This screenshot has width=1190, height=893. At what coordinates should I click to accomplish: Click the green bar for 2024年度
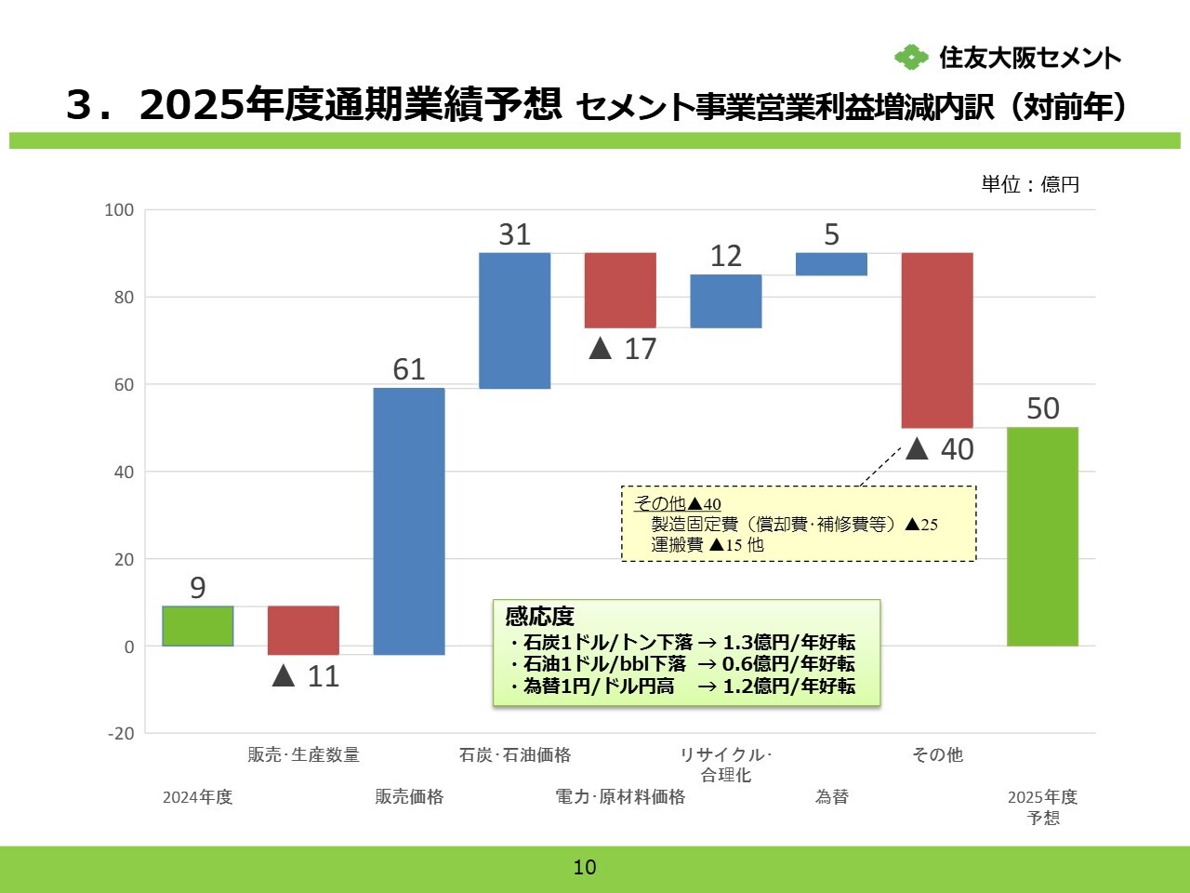[197, 626]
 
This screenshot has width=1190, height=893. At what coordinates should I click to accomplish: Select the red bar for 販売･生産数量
[303, 631]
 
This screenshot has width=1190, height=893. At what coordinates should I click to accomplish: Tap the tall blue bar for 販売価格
[409, 521]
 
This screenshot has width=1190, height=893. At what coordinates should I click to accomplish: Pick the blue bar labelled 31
[514, 320]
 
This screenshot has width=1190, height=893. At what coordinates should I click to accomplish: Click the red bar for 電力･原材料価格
[620, 290]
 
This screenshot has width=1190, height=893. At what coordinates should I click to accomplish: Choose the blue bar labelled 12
[726, 301]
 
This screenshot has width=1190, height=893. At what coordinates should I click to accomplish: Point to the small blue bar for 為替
[831, 264]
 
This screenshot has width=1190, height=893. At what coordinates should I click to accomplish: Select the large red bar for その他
[937, 340]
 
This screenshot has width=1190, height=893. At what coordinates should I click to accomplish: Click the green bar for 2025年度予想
[1042, 537]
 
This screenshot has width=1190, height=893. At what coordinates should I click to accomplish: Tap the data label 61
[409, 369]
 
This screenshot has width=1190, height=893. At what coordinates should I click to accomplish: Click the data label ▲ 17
[623, 349]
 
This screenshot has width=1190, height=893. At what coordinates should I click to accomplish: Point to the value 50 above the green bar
[1042, 408]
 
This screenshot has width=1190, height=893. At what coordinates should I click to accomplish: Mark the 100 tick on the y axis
[119, 210]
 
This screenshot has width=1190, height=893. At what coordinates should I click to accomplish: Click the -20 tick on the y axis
[121, 734]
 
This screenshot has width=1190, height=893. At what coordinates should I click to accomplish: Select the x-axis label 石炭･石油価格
[515, 755]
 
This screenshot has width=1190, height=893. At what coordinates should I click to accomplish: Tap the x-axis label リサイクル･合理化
[726, 765]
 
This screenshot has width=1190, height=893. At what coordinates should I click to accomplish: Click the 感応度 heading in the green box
[540, 617]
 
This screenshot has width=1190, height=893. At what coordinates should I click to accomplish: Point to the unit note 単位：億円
[1030, 184]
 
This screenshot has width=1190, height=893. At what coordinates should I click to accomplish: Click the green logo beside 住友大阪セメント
[911, 58]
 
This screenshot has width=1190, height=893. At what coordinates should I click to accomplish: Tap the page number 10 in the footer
[585, 868]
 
